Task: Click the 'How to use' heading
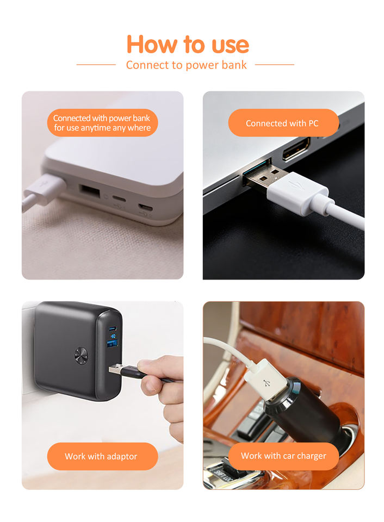(188, 44)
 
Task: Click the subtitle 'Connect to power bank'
(186, 65)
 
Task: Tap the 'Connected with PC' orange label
(283, 123)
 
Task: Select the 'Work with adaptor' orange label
(102, 456)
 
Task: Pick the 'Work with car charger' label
(283, 456)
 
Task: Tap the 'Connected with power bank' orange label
(102, 123)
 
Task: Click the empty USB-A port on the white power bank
(90, 192)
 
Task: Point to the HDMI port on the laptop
(296, 149)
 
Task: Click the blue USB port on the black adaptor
(112, 344)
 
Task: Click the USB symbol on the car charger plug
(267, 383)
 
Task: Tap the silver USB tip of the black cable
(115, 369)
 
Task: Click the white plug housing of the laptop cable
(297, 192)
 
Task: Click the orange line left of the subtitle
(96, 65)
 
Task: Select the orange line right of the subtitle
(275, 65)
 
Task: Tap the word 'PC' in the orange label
(313, 123)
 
